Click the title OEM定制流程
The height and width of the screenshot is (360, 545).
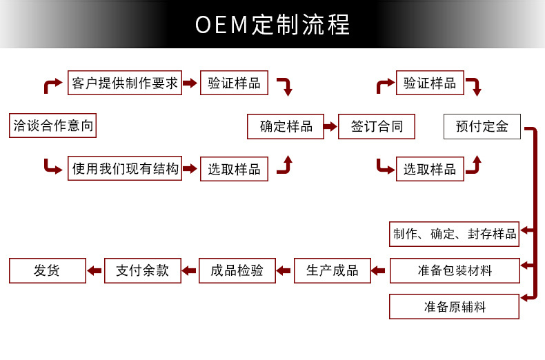click(272, 25)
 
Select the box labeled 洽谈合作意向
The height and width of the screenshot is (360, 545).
click(52, 126)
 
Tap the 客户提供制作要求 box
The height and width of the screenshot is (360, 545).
click(125, 83)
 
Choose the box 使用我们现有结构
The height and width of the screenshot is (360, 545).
click(125, 168)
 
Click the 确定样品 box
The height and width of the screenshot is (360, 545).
click(286, 126)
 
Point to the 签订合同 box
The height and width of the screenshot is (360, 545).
click(377, 126)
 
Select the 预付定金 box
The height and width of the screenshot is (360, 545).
click(482, 126)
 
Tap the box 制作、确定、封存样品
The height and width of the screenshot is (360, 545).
click(455, 234)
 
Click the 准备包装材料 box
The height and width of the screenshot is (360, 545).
click(455, 271)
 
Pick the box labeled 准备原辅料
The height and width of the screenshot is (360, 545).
click(455, 306)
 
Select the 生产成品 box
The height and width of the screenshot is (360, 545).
click(333, 271)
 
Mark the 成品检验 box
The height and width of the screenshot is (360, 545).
click(237, 271)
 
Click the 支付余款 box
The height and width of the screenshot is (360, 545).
click(143, 271)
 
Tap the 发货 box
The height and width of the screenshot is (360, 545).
click(48, 271)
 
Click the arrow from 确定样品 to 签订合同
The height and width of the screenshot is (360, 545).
click(330, 126)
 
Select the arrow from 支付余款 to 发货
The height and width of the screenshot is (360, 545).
click(95, 271)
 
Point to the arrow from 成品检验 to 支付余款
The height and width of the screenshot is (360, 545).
click(189, 271)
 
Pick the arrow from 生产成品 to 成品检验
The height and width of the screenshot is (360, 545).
click(284, 271)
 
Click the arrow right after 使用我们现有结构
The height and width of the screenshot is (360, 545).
click(190, 169)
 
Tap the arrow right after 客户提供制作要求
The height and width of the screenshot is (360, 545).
click(190, 83)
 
